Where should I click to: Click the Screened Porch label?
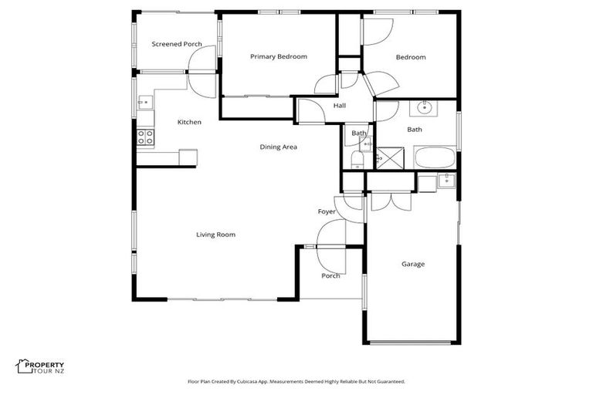176,44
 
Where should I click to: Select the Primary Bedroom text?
279,56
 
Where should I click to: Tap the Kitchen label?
189,122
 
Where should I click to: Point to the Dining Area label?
278,147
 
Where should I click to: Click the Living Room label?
215,235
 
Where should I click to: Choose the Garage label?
412,264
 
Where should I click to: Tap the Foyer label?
327,211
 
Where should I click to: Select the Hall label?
340,106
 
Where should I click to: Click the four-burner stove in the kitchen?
145,137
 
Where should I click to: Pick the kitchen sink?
145,102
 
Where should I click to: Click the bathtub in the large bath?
435,158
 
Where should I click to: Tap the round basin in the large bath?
425,106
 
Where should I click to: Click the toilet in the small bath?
357,159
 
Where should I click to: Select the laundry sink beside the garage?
446,181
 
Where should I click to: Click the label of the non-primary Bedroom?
411,57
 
